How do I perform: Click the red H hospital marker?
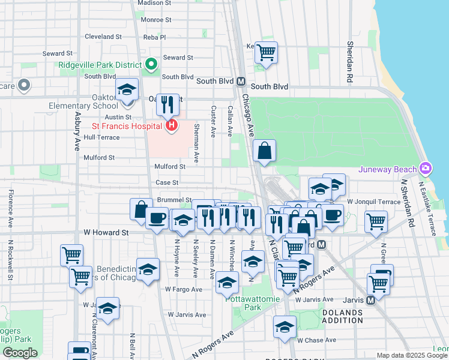point(172,125)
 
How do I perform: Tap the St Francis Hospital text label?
point(127,126)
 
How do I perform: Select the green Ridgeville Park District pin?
point(151,64)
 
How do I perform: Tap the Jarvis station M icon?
point(370,299)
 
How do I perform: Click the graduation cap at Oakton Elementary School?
point(127,89)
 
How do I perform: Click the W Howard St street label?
point(106,232)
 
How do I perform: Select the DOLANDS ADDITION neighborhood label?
point(351,317)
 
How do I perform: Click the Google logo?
point(20,353)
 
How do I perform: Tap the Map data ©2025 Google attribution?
point(411,355)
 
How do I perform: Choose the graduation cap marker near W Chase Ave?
point(285,328)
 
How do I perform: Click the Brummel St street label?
point(174,199)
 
